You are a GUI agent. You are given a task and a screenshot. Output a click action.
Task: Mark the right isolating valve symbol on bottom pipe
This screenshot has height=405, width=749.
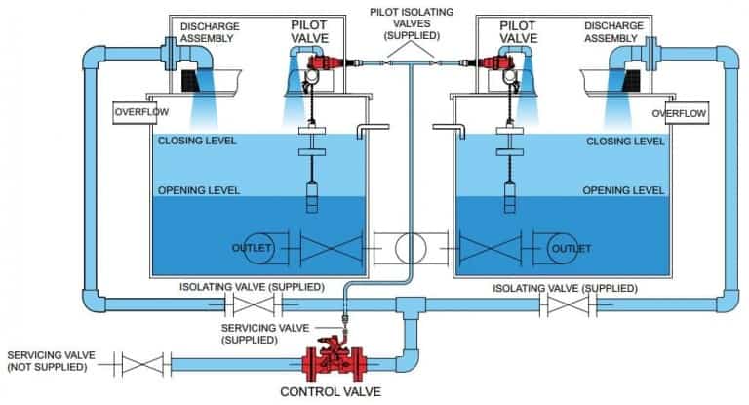tap(569, 304)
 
